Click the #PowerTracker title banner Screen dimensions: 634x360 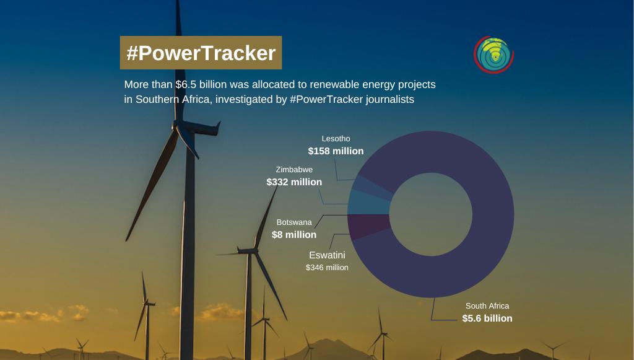tap(201, 53)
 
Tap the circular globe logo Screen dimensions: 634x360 tap(493, 55)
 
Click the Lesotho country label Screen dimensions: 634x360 tap(336, 138)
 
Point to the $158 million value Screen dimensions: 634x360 tap(336, 151)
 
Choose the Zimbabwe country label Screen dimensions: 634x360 tap(294, 170)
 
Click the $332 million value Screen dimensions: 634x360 tap(294, 182)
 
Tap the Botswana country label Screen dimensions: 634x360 tap(294, 222)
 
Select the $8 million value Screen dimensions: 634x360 tap(294, 235)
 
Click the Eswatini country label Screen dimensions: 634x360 tap(327, 255)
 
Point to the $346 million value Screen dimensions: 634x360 tap(327, 268)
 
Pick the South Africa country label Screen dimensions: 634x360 tap(487, 306)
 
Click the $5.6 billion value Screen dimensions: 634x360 tap(487, 318)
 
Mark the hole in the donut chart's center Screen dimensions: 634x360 tap(431, 214)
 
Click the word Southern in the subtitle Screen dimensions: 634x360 tap(157, 100)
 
